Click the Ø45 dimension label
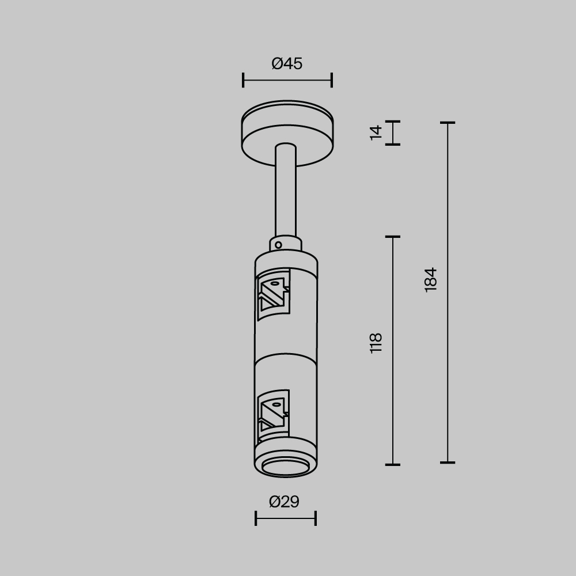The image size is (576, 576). (287, 64)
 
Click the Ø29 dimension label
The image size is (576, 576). (285, 502)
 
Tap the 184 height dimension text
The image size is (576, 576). (431, 279)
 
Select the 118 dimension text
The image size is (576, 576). (376, 343)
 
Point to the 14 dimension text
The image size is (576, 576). (376, 132)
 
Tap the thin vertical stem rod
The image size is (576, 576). (286, 190)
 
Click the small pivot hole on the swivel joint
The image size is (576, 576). (278, 245)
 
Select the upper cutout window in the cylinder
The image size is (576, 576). (273, 294)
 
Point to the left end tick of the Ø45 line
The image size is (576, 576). (243, 80)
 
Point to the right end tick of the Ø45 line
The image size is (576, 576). (332, 80)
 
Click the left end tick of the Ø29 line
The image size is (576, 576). (256, 518)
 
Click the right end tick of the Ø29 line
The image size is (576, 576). (316, 518)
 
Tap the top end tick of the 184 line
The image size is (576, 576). (448, 123)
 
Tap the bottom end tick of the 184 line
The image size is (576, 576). (448, 463)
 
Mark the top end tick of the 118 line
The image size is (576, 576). (393, 237)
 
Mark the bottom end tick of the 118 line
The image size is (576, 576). (393, 464)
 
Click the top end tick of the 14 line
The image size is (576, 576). (393, 122)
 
